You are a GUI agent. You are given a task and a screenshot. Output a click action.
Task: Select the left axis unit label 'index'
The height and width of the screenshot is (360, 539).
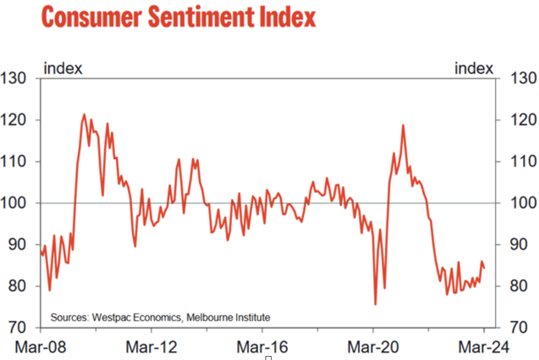[x=63, y=69]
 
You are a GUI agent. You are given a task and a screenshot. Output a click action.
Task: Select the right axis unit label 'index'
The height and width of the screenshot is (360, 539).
[x=474, y=69]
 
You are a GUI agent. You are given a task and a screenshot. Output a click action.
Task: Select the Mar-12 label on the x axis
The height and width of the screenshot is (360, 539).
[x=151, y=347]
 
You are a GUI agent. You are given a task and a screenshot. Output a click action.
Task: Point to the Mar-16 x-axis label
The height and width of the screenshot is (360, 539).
[x=262, y=347]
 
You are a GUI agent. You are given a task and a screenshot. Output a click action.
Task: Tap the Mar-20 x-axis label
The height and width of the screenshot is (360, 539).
[x=373, y=347]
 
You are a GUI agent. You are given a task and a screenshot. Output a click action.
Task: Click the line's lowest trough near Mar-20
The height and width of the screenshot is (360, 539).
[x=375, y=304]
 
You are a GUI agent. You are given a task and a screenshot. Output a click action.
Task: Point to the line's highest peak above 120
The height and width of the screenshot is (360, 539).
[x=84, y=115]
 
